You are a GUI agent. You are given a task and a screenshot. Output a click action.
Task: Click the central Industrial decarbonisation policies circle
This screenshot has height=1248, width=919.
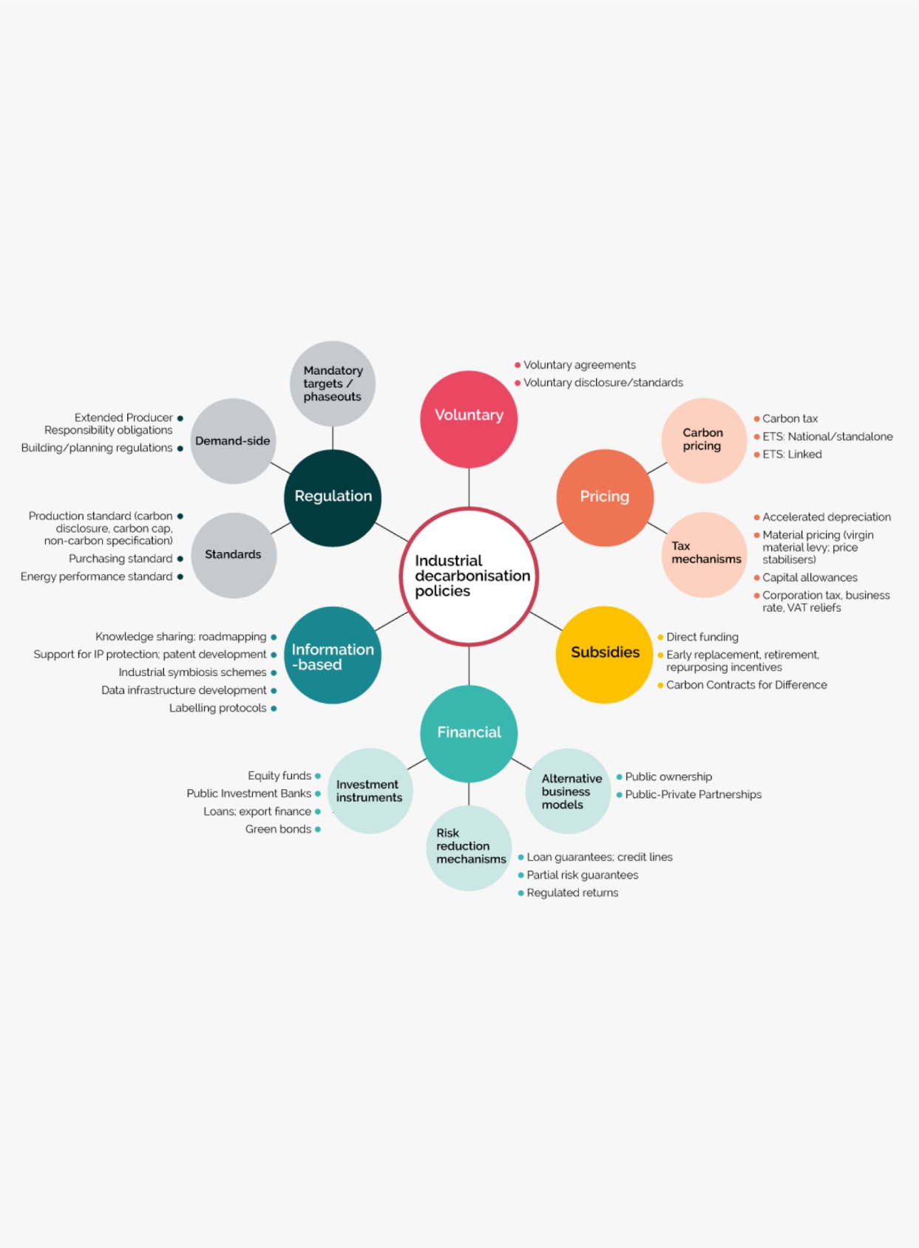pos(469,576)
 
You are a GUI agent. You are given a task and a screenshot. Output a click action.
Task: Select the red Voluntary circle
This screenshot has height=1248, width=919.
pos(469,420)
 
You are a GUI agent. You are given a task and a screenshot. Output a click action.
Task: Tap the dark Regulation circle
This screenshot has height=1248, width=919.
pos(333,498)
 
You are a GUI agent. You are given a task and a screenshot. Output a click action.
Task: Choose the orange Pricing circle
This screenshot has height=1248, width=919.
pos(606,498)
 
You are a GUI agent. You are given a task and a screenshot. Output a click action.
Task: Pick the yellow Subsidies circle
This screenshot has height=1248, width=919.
pos(606,655)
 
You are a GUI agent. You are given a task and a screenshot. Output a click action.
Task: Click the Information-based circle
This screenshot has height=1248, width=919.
pos(333,655)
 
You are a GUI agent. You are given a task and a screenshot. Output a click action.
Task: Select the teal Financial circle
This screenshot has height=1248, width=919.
pos(469,734)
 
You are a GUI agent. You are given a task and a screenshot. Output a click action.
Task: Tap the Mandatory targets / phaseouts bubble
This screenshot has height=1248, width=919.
pos(333,384)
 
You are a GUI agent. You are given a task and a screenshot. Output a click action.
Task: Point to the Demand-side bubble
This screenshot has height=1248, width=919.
pos(234,441)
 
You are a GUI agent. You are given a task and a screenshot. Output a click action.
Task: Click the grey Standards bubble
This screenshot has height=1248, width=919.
pos(234,556)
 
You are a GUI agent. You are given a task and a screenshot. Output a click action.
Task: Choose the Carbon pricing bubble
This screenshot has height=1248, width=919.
pos(705,440)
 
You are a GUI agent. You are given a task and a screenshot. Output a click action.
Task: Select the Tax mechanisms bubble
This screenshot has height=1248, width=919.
pos(705,555)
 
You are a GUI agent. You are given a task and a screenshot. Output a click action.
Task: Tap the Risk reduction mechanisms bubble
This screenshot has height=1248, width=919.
pos(469,848)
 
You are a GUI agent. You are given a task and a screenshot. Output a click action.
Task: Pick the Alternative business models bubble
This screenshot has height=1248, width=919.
pos(569,791)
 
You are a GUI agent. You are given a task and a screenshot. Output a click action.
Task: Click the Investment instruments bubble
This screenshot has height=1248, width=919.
pos(370,791)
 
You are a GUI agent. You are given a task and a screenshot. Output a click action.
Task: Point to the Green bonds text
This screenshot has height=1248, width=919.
pos(278,829)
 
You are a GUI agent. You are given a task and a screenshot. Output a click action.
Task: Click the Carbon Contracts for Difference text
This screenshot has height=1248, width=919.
pos(747,685)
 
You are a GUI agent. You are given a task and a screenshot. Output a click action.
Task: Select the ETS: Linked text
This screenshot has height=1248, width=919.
pos(792,454)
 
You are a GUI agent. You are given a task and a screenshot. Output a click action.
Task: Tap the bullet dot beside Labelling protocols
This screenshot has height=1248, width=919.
pos(274,709)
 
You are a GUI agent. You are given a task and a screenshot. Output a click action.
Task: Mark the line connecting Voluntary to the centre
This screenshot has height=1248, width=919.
pos(469,488)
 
